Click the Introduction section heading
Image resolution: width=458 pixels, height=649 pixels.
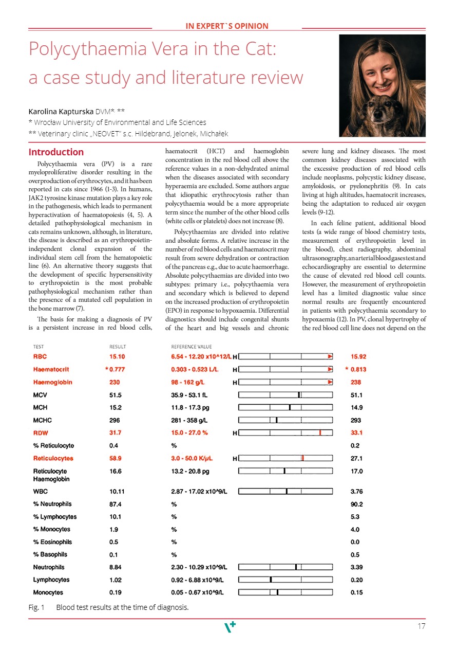(56, 152)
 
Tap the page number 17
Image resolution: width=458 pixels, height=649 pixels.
(422, 626)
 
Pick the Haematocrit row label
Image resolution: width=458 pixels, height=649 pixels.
(51, 369)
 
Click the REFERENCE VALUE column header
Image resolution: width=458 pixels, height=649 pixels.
(191, 347)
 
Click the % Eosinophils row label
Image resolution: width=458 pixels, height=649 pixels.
(52, 542)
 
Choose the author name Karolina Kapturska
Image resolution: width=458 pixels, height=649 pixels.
(61, 111)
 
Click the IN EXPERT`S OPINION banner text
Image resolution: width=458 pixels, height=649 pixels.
(226, 26)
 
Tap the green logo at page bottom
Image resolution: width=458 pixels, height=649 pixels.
(229, 627)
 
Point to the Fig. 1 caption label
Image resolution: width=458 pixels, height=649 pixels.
(36, 607)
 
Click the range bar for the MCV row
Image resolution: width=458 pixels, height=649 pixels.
(285, 394)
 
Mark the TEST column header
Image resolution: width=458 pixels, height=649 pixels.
(39, 347)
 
